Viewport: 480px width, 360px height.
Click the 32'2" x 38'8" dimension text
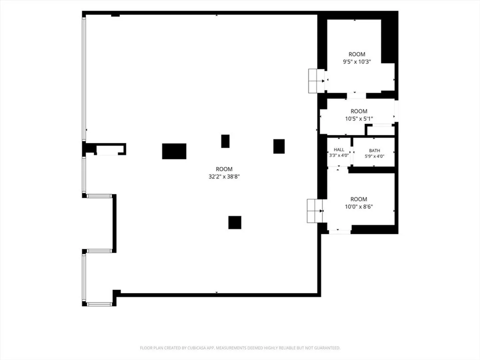tap(224, 177)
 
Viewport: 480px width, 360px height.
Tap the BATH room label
tap(374, 151)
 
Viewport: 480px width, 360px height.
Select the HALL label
tap(339, 150)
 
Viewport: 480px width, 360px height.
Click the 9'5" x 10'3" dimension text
tap(357, 62)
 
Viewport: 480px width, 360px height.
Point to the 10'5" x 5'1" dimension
tap(359, 119)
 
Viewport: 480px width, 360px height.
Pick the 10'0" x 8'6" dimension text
tap(359, 207)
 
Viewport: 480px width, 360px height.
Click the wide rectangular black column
tap(174, 151)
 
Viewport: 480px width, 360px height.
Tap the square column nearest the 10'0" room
tap(279, 146)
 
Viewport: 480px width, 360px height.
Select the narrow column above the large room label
tap(225, 141)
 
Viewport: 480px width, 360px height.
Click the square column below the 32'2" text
tap(235, 223)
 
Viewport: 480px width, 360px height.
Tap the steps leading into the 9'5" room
tap(316, 81)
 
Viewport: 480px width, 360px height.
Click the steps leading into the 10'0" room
tap(315, 211)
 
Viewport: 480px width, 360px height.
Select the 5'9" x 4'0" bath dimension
tap(374, 156)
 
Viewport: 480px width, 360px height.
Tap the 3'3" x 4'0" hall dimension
tap(339, 155)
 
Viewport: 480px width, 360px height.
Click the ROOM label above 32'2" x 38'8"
tap(224, 169)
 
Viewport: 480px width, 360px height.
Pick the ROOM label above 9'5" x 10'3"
tap(357, 54)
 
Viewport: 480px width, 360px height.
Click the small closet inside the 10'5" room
tap(381, 131)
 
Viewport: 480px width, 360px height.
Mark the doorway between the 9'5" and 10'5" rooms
tap(356, 96)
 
